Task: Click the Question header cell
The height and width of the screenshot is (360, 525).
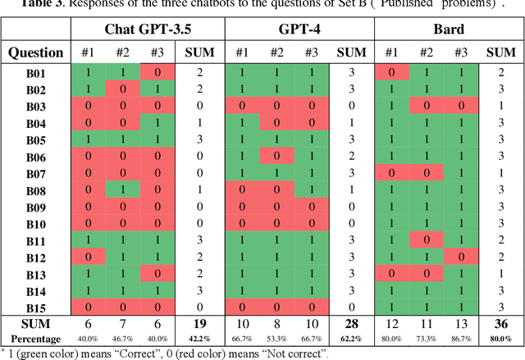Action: click(35, 52)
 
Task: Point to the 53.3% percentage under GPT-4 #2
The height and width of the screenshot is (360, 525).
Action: click(277, 338)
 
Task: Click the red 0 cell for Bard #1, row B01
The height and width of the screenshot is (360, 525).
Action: click(392, 74)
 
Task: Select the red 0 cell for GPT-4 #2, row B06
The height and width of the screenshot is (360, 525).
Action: click(277, 157)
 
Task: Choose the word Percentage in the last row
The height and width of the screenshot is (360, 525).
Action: click(35, 338)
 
